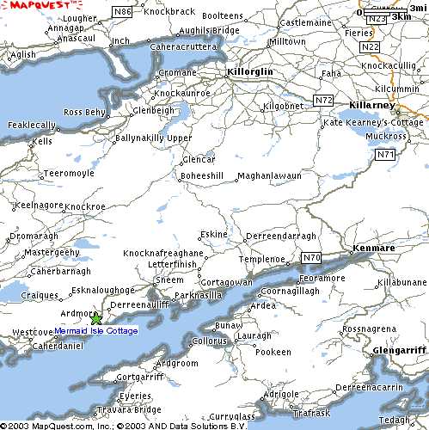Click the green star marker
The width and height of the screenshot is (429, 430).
pos(95,319)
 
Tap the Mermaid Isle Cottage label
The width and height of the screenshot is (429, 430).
pos(95,331)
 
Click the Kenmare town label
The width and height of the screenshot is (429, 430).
pos(375,249)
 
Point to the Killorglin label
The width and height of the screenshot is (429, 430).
pos(249,72)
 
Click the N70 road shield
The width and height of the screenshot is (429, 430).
pos(311,257)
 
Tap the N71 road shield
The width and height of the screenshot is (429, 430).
pos(384,154)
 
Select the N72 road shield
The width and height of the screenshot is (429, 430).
pos(323,101)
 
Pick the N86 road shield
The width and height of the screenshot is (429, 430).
pos(124,11)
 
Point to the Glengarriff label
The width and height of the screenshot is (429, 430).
pos(399,351)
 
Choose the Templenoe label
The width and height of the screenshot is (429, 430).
pos(260,258)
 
